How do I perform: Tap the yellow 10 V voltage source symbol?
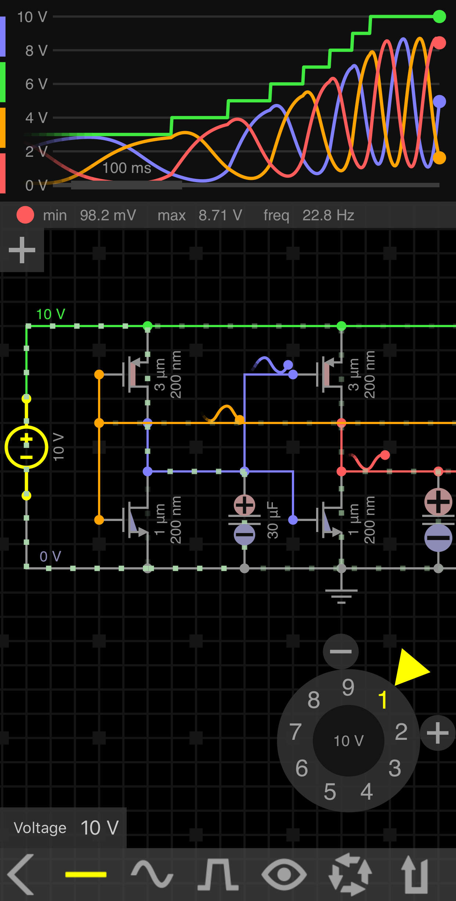[x=26, y=447]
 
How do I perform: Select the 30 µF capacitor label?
[x=272, y=520]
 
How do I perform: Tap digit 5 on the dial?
[x=330, y=792]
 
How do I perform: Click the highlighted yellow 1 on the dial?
[x=383, y=700]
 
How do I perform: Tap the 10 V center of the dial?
[x=348, y=741]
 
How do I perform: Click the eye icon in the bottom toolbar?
[x=284, y=874]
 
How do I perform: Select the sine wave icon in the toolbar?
[x=152, y=874]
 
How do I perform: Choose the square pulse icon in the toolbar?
[x=218, y=874]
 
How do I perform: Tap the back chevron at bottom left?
[x=21, y=874]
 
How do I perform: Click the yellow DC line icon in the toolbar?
[x=86, y=874]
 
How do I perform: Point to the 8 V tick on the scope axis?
[x=36, y=51]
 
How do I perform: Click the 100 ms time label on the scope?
[x=127, y=168]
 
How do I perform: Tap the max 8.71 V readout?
[x=200, y=215]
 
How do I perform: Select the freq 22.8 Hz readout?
[x=308, y=215]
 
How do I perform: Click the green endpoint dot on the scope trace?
[x=439, y=17]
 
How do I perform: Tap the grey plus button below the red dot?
[x=22, y=250]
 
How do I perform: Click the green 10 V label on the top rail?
[x=51, y=314]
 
